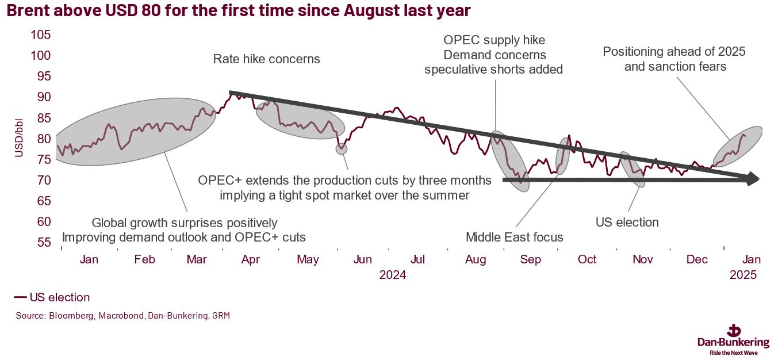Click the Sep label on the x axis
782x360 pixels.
click(x=530, y=260)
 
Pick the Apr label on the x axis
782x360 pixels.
click(x=250, y=260)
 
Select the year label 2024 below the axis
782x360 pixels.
click(x=393, y=275)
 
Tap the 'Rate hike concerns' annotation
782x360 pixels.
click(x=266, y=59)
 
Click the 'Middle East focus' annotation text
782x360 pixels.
click(x=515, y=237)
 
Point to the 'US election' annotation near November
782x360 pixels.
click(x=627, y=222)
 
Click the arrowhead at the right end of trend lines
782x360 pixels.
click(x=752, y=179)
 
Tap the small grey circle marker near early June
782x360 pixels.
click(x=342, y=148)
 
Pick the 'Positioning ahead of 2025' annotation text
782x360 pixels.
click(x=674, y=52)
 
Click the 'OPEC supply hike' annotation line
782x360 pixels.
click(x=494, y=41)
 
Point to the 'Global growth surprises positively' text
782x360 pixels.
click(x=185, y=223)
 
